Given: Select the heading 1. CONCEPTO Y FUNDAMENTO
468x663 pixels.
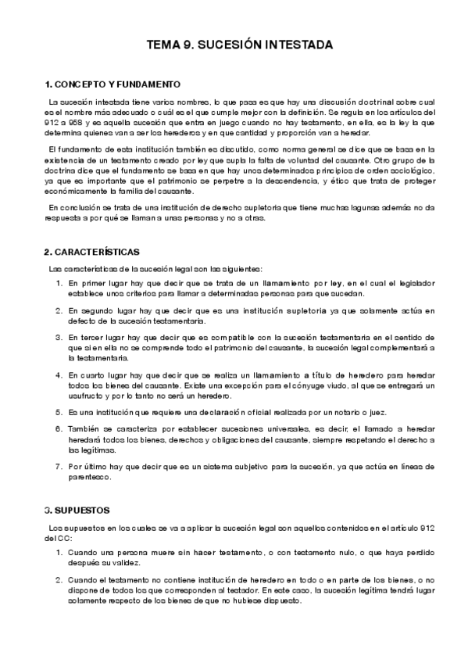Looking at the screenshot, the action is pos(113,84).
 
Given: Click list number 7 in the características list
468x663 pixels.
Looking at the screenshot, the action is pos(59,466).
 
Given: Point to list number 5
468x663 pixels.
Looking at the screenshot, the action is pos(59,412).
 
